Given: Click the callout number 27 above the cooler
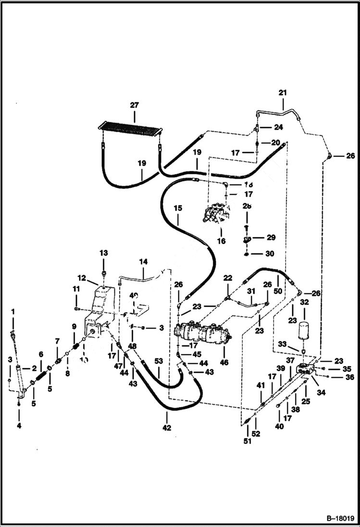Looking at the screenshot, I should [x=134, y=105].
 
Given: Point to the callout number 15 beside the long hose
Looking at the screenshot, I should [x=178, y=208].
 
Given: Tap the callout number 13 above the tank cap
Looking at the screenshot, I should [x=104, y=253].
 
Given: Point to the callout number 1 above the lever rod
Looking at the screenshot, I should [x=13, y=312].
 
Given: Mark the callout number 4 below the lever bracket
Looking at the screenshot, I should [x=19, y=425].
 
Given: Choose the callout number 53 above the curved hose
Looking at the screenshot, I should [x=158, y=360].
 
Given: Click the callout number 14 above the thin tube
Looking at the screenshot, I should [x=143, y=262].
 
